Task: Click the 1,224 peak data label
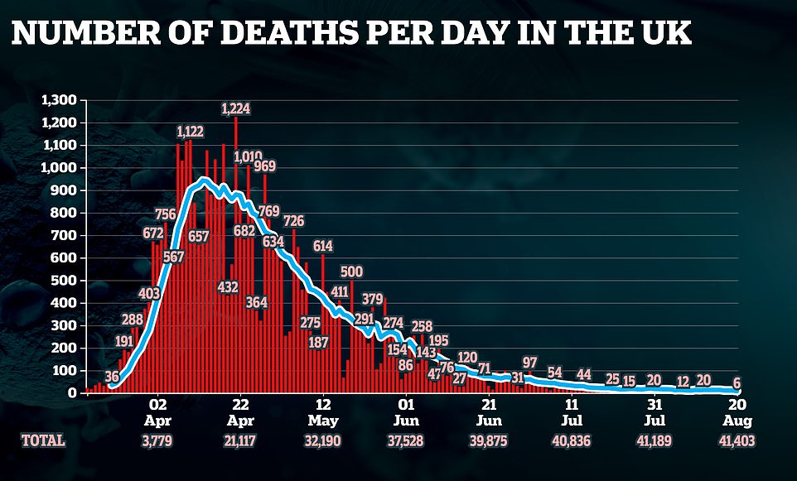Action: pos(236,108)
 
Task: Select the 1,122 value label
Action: pos(191,132)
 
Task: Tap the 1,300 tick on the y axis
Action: pos(58,100)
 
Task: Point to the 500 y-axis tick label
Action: pos(64,281)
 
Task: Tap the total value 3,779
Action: pos(158,441)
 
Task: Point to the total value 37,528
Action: pos(406,441)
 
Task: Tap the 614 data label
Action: pos(322,246)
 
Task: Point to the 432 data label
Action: pos(227,287)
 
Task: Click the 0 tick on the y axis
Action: pos(73,393)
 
